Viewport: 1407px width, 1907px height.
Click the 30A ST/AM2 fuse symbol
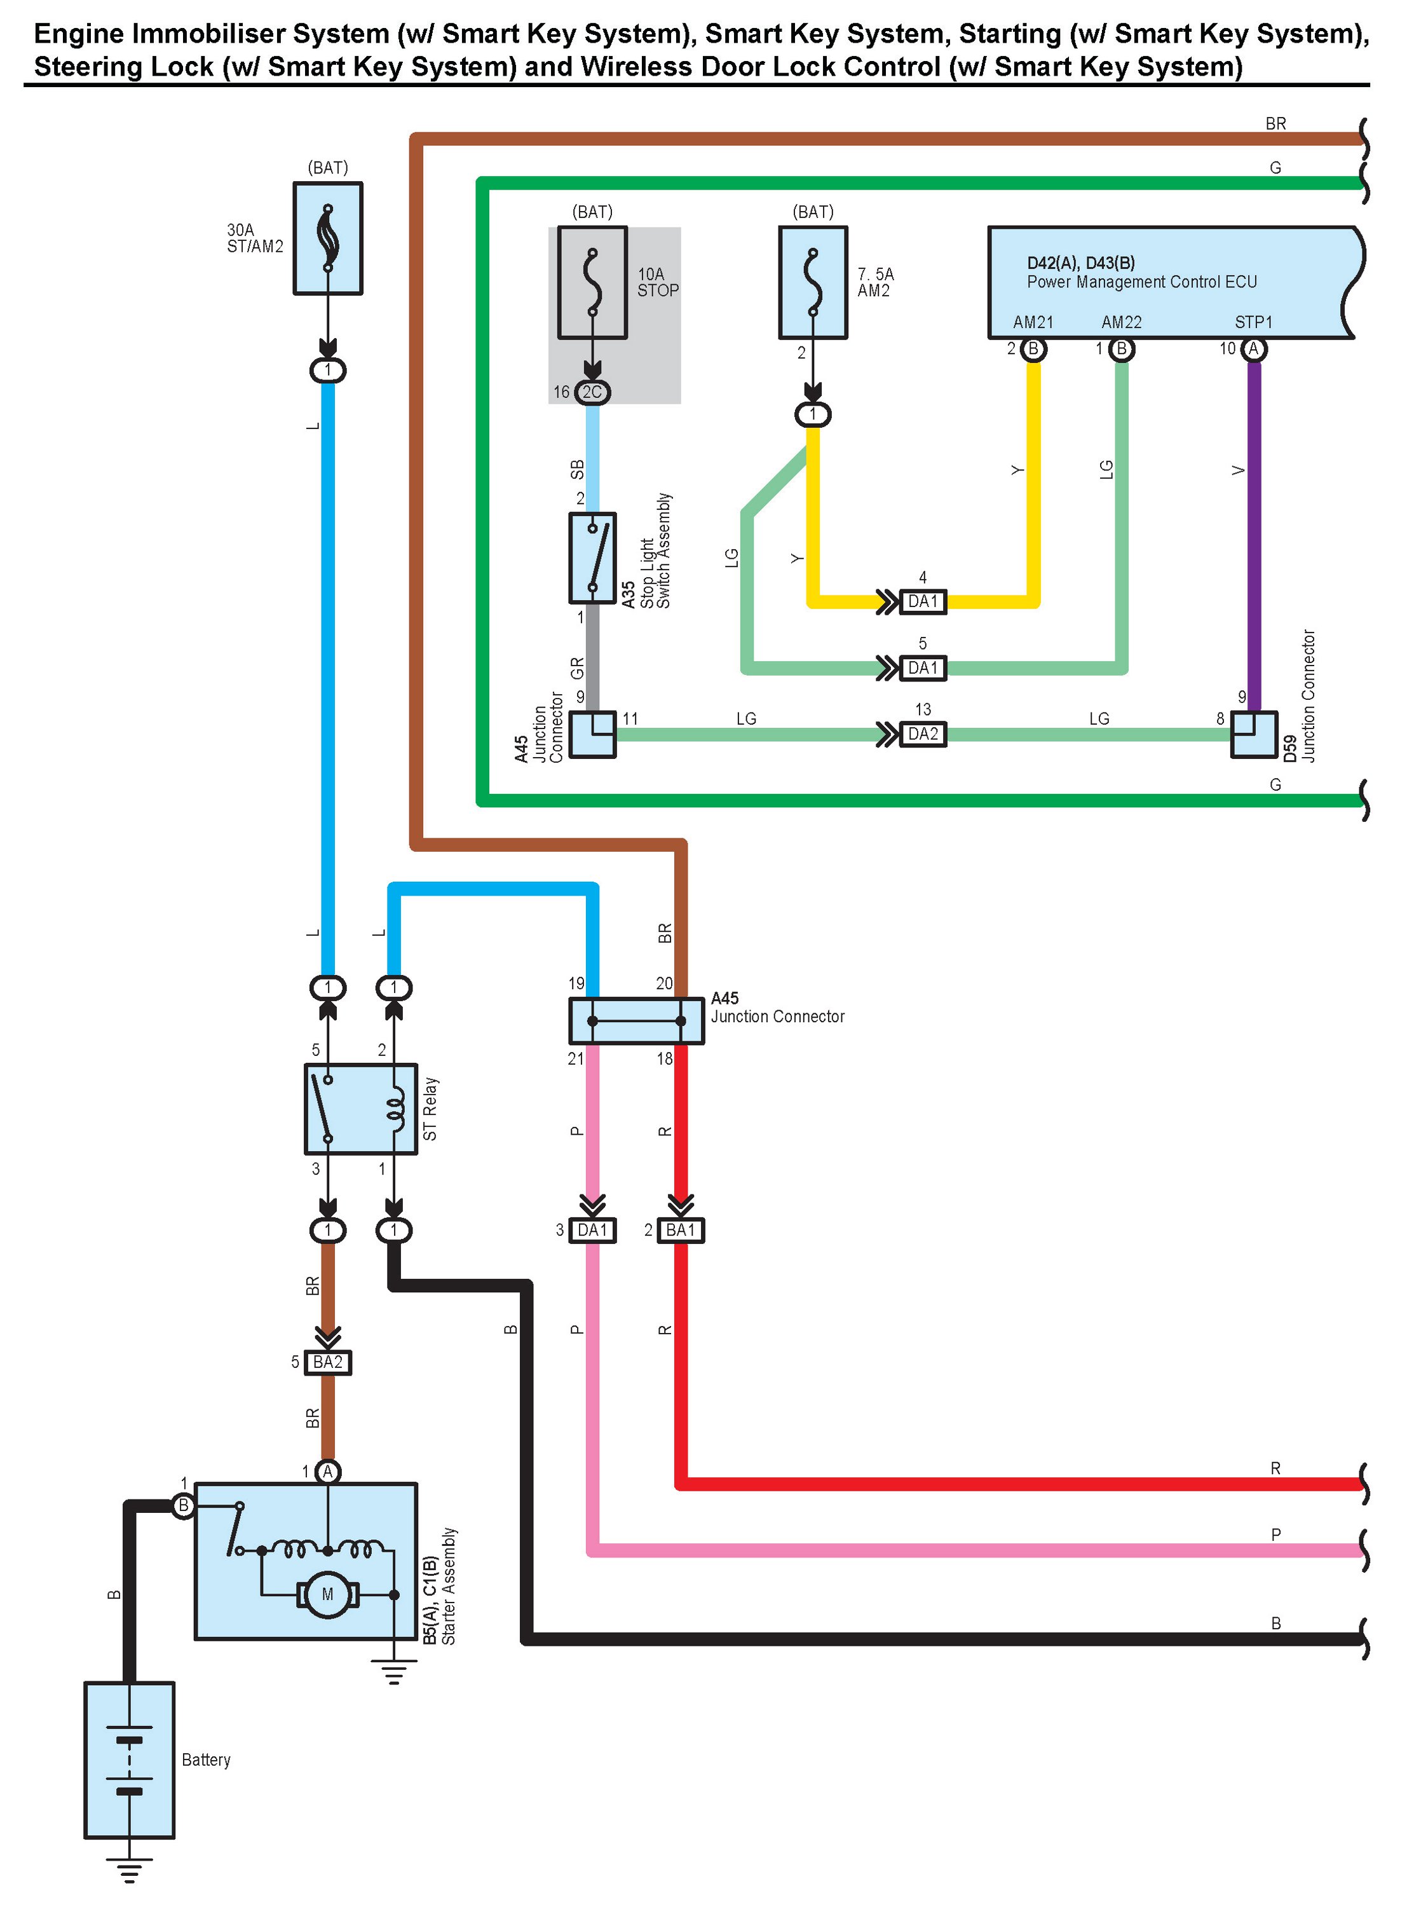328,238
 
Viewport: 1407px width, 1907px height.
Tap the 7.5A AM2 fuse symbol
813,283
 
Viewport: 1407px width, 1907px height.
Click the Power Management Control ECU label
1141,282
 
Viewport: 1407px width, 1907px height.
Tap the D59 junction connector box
1254,734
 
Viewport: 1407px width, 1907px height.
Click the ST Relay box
360,1109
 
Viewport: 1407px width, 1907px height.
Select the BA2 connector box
328,1362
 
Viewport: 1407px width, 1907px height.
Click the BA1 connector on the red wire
681,1231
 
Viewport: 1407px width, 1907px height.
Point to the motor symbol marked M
328,1594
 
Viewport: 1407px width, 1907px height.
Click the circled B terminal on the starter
183,1506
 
